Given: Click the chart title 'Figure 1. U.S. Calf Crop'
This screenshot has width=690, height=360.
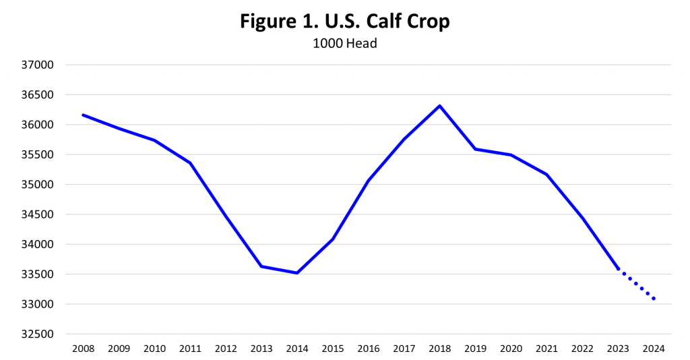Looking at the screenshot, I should point(344,22).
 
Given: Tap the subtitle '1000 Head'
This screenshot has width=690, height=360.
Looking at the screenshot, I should point(344,43).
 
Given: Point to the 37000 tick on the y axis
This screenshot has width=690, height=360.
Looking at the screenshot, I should point(38,65).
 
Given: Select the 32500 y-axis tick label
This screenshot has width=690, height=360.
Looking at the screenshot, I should point(38,334).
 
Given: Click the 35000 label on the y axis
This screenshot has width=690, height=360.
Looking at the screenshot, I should point(38,185).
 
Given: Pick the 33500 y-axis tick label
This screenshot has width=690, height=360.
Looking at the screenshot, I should point(38,274).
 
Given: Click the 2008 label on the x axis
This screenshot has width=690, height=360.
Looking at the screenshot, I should point(83,349).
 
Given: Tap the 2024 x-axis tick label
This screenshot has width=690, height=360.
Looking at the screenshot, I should point(654,349).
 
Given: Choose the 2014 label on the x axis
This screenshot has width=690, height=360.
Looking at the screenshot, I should point(297,349).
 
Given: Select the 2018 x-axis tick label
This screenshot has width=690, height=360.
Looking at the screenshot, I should point(439,349).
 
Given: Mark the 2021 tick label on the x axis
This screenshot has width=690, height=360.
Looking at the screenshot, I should point(546,349).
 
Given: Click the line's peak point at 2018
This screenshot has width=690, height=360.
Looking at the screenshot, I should point(439,106).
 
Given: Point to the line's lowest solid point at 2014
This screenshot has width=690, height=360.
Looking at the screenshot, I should point(297,273).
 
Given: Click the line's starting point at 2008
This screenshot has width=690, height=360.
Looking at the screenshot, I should point(83,115).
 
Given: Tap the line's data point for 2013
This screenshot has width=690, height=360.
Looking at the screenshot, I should point(261,266).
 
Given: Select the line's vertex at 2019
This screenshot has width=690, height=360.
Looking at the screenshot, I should point(475,149).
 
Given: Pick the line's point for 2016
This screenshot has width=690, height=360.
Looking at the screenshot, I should point(369,181).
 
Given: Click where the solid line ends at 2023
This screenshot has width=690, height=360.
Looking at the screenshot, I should point(618,269).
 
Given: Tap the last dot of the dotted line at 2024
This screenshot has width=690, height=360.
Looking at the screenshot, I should point(654,299).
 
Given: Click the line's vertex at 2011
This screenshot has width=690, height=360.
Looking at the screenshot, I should point(190,162).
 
